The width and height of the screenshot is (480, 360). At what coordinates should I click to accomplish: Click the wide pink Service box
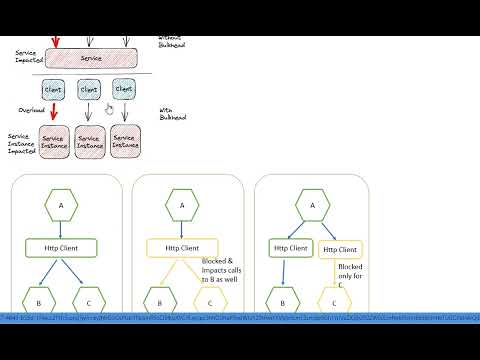[x=91, y=59]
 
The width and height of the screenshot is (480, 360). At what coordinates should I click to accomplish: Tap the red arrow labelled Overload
[x=54, y=111]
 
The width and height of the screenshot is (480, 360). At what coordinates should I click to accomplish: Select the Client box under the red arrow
[x=55, y=89]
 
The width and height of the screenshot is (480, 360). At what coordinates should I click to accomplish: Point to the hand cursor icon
[x=109, y=108]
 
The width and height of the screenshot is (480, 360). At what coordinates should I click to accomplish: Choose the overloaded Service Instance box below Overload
[x=54, y=143]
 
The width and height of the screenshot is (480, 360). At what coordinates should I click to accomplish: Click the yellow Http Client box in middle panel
[x=181, y=247]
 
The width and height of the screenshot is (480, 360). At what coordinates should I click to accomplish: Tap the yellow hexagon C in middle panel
[x=207, y=297]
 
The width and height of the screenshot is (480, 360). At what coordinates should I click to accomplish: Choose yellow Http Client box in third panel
[x=340, y=247]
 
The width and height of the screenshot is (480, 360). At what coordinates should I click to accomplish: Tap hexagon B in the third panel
[x=283, y=297]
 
